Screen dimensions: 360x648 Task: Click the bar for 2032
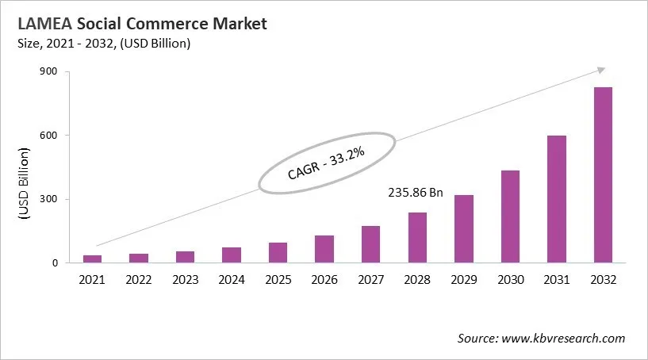[x=603, y=174]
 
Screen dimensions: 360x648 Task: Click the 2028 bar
[x=417, y=237]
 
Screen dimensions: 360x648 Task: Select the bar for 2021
[x=93, y=259]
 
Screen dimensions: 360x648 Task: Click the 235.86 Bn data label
[x=416, y=193]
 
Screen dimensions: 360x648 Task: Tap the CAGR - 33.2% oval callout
[x=326, y=163]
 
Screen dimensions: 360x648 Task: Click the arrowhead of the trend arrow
[x=600, y=71]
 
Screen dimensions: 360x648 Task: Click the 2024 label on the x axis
[x=232, y=279]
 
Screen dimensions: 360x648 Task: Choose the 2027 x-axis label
[x=370, y=279]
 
